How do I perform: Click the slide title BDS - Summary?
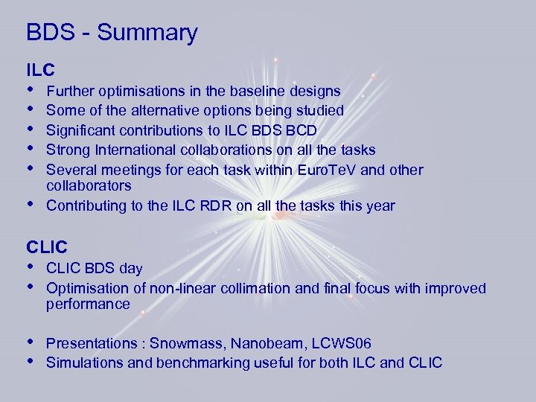point(112,33)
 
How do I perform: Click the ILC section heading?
point(40,71)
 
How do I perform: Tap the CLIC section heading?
point(46,246)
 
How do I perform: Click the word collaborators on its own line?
point(89,185)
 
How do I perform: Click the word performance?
point(88,304)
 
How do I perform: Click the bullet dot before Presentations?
point(30,342)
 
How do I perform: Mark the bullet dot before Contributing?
point(30,204)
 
